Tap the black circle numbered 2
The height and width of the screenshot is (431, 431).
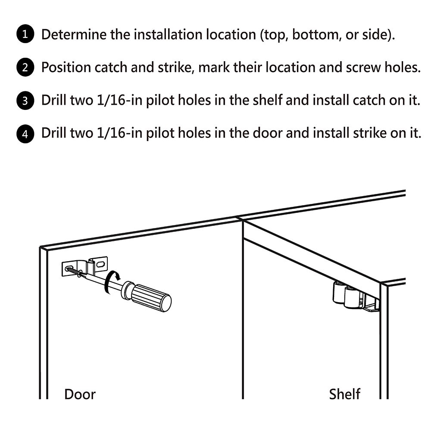[x=25, y=68]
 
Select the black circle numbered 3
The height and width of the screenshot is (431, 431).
[x=25, y=101]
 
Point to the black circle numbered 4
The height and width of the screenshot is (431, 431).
[x=25, y=134]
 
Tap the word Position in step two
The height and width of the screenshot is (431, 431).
[x=66, y=68]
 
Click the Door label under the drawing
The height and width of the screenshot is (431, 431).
[x=80, y=394]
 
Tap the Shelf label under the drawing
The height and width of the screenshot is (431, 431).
[x=345, y=394]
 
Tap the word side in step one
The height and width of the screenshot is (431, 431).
[x=378, y=35]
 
